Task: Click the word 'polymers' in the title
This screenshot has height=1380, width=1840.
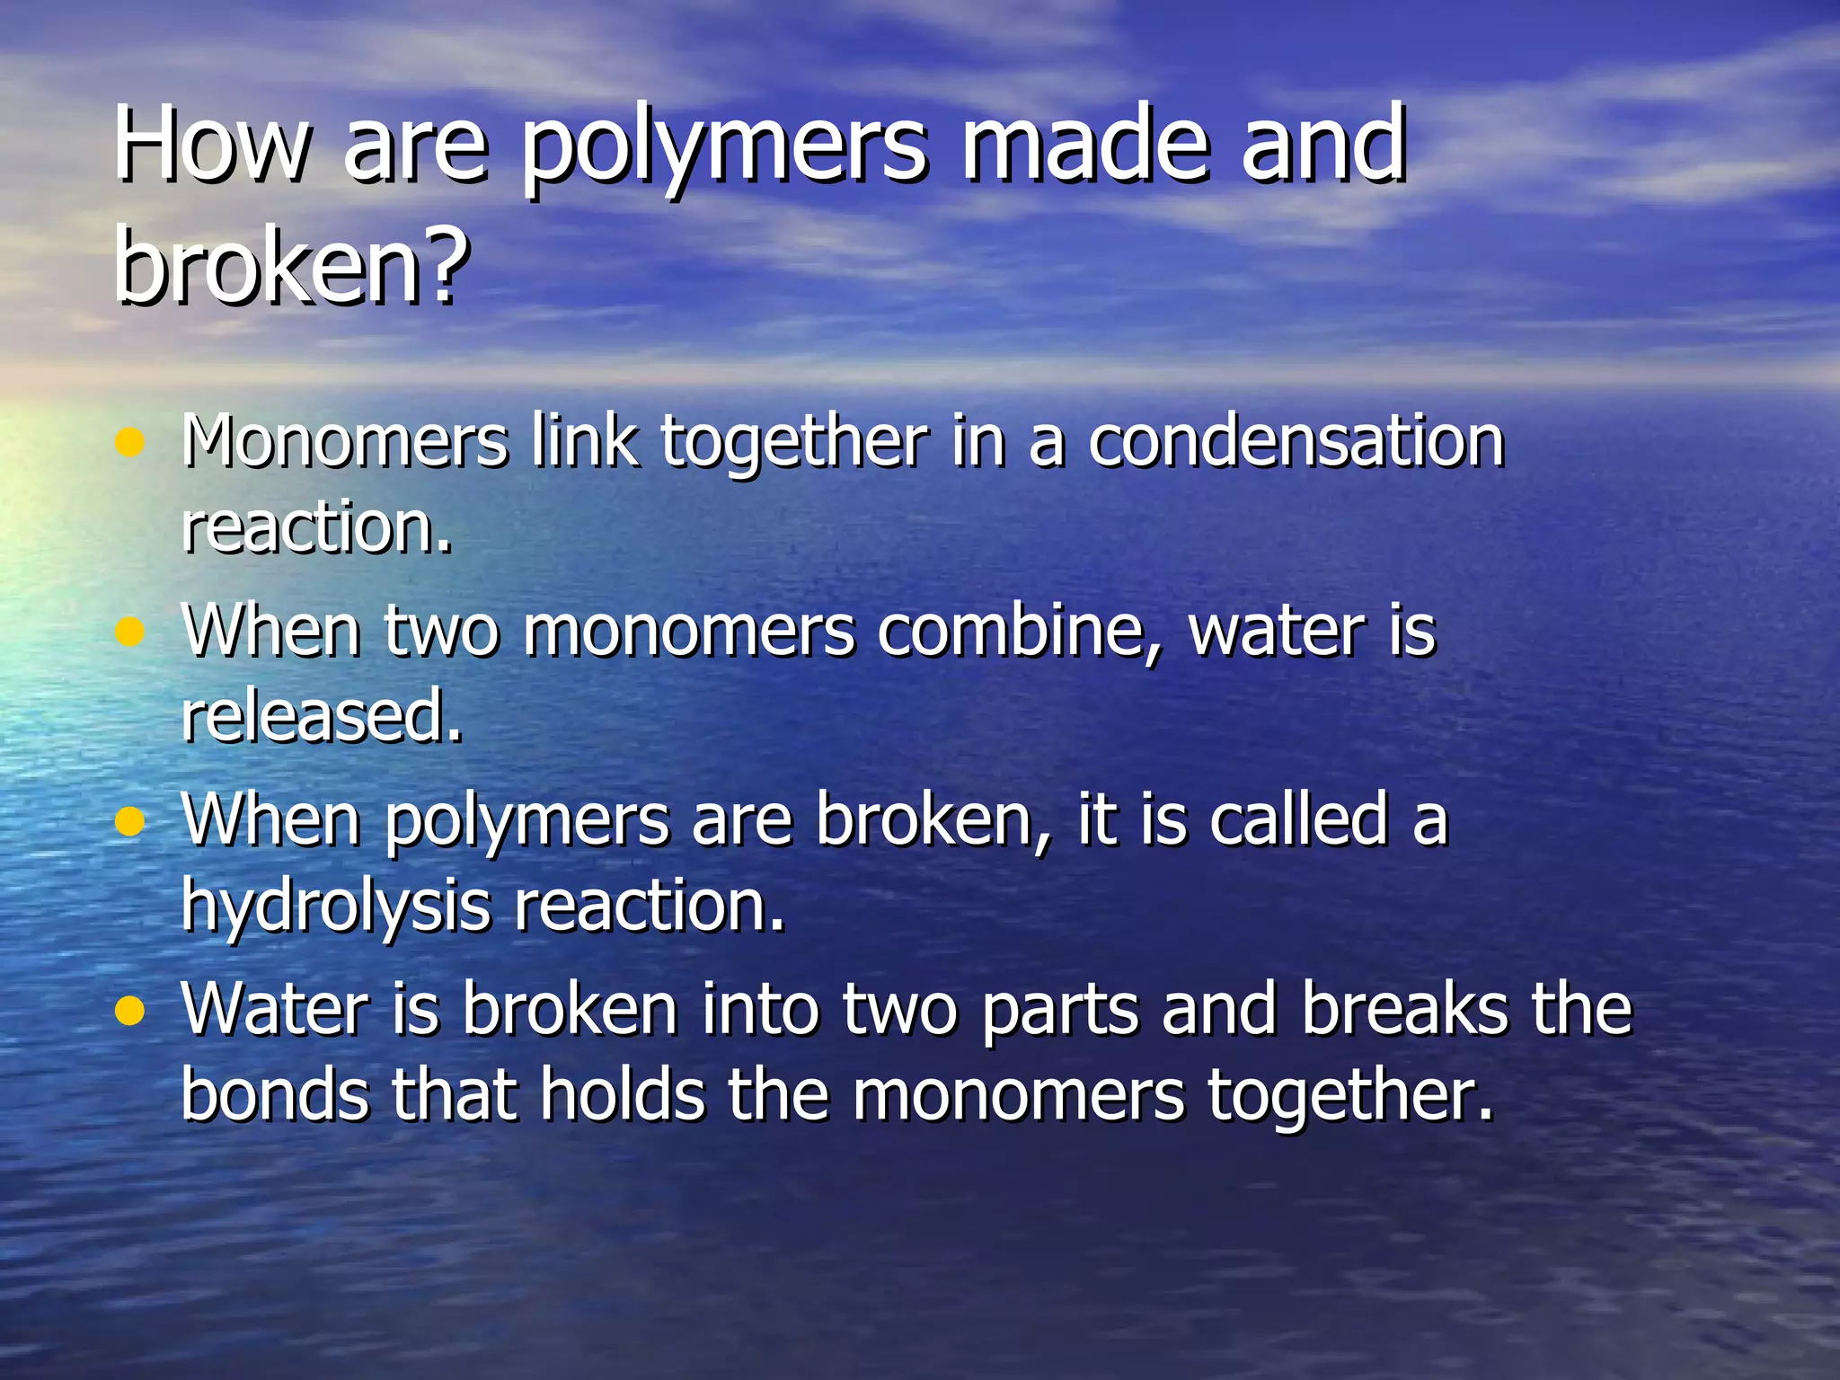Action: tap(723, 148)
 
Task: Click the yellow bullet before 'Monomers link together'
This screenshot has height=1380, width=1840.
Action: tap(130, 442)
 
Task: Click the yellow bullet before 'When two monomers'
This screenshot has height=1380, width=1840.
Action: tap(130, 632)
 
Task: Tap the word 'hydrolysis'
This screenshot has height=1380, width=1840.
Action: tap(336, 906)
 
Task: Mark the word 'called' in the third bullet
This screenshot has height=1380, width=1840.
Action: tap(1299, 819)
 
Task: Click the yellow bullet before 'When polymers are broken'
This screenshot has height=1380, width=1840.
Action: tap(130, 821)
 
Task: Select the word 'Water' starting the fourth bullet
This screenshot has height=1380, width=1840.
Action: tap(275, 1009)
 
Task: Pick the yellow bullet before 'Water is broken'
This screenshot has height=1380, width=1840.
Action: tap(130, 1012)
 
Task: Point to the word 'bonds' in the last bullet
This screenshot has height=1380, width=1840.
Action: tap(275, 1095)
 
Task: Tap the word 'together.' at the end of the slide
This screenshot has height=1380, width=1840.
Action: tap(1349, 1097)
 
